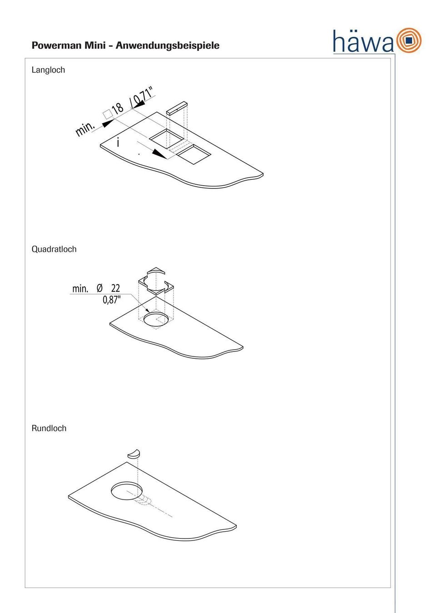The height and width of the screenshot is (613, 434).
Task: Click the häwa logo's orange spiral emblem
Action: click(409, 40)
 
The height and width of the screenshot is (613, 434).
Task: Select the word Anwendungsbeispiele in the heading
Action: click(167, 45)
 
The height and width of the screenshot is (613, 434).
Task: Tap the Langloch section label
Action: click(48, 70)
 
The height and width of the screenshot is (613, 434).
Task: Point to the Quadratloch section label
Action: click(54, 249)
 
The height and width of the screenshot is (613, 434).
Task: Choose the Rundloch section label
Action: click(49, 428)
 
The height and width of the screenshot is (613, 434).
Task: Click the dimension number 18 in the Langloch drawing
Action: click(118, 109)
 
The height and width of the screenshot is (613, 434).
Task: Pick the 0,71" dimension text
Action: click(142, 97)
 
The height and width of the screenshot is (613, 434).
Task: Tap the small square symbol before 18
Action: click(107, 114)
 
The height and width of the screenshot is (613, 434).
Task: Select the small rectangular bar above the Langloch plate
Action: click(177, 108)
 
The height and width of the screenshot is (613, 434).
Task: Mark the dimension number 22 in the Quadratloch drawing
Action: click(115, 288)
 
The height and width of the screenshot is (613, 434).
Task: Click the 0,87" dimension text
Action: click(112, 300)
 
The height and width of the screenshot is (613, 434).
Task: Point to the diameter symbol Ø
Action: click(100, 288)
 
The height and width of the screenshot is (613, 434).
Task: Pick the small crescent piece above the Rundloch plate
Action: click(134, 454)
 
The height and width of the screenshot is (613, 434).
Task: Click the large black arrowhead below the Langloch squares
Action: click(160, 153)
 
